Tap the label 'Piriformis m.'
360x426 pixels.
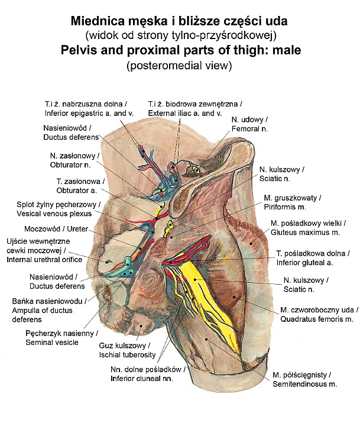[x=283, y=206]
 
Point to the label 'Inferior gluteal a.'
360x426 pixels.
[x=313, y=263]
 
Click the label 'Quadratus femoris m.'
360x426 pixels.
[x=316, y=319]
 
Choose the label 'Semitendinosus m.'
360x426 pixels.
[x=304, y=385]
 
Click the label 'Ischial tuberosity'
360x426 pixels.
[x=128, y=354]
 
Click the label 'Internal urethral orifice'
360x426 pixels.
[x=44, y=260]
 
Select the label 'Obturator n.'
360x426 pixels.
[x=72, y=165]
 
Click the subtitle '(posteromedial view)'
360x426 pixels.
[x=180, y=65]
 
